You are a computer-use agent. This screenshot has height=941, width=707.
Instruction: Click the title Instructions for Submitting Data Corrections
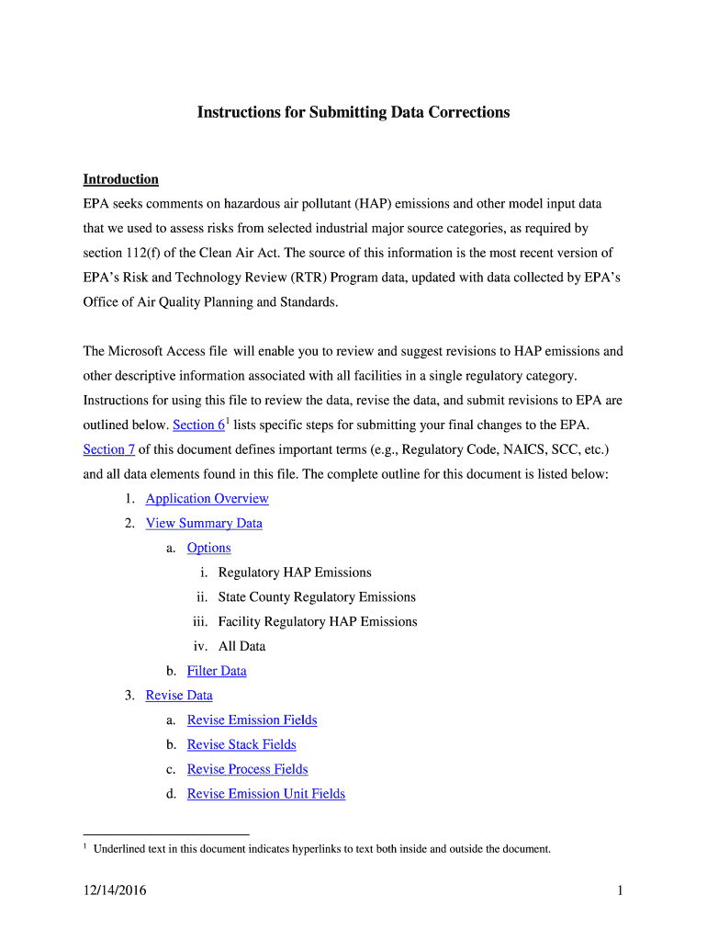coord(353,112)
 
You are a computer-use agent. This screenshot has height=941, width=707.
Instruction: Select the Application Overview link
coord(207,499)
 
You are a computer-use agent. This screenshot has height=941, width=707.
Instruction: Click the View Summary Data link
coord(204,524)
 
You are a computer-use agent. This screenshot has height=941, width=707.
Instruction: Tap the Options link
coord(208,549)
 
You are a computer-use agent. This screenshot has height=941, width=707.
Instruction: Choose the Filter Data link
coord(217,671)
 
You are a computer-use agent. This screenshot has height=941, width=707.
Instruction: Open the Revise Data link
coord(179,696)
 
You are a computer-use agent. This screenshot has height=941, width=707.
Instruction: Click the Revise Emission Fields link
coord(252,720)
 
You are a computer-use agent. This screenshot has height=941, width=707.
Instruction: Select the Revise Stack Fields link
coord(241,745)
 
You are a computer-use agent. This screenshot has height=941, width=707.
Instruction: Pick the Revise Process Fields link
coord(247,770)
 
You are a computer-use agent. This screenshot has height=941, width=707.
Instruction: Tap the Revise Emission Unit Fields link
coord(266,794)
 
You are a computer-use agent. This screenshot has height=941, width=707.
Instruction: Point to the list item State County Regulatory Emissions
coord(317,597)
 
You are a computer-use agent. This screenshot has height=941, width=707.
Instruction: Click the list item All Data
coord(241,647)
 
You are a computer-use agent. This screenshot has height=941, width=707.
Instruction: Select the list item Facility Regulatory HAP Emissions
coord(318,622)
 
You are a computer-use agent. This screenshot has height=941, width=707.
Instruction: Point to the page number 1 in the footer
coord(621,891)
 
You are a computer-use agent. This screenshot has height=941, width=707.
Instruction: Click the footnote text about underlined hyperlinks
coord(321,849)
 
